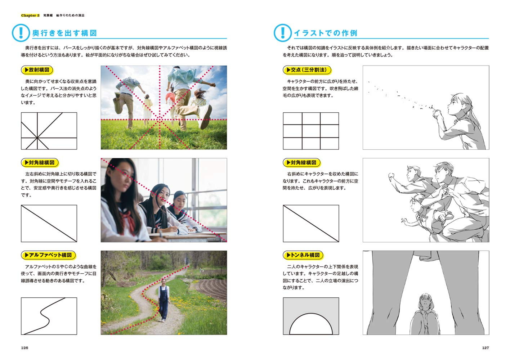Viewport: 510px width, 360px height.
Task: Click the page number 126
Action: pyautogui.click(x=24, y=348)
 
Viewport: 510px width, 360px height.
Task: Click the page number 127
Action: pyautogui.click(x=485, y=348)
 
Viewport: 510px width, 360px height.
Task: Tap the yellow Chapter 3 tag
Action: pyautogui.click(x=30, y=15)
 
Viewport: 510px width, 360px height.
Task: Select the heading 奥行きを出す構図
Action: pyautogui.click(x=65, y=33)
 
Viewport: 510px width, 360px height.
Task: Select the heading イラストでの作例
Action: pyautogui.click(x=326, y=33)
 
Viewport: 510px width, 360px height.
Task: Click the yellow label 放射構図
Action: pyautogui.click(x=37, y=70)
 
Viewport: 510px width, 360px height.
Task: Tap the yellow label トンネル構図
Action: pyautogui.click(x=303, y=255)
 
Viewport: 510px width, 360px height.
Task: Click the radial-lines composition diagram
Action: pyautogui.click(x=49, y=131)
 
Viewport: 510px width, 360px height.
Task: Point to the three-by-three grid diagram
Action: pyautogui.click(x=311, y=131)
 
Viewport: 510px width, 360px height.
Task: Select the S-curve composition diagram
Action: pyautogui.click(x=49, y=316)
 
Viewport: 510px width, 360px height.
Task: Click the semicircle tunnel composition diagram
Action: pyautogui.click(x=311, y=316)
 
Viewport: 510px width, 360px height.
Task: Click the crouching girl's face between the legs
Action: pyautogui.click(x=426, y=302)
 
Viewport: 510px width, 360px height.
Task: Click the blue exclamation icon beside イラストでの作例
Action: pyautogui.click(x=283, y=33)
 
